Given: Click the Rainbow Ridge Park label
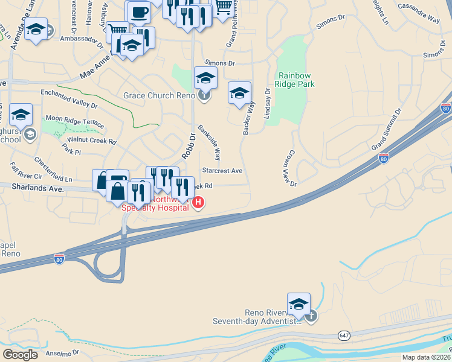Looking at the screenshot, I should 295,80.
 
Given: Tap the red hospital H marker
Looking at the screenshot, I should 197,203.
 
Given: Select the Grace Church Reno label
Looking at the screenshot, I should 159,95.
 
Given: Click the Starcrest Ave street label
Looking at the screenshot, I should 222,171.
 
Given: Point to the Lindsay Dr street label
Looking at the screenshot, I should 267,103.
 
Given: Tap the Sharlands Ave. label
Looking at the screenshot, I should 37,188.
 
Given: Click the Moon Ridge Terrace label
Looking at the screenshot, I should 75,121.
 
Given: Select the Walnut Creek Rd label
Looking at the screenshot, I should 91,141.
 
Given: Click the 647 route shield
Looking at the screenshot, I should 344,334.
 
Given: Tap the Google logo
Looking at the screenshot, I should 19,354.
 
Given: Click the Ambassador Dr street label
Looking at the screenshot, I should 82,38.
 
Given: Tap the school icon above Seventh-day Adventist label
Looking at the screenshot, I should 299,304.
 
